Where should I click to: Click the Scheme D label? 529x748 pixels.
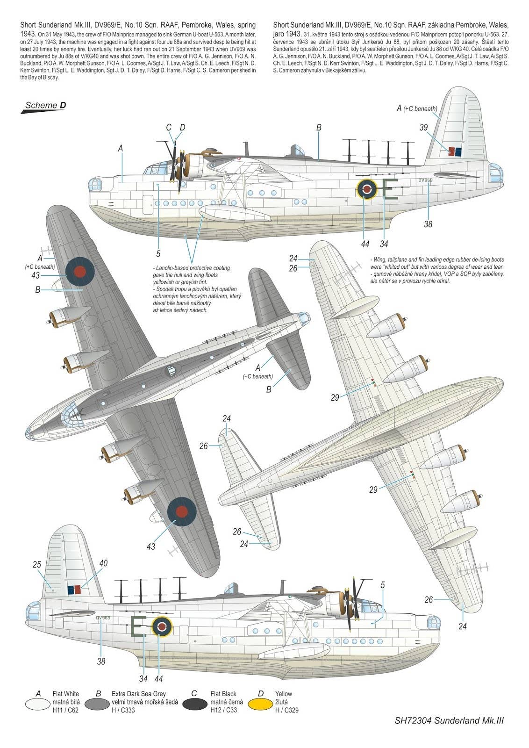click(x=45, y=105)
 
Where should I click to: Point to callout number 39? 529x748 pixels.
click(x=423, y=128)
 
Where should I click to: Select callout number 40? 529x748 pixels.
click(x=103, y=563)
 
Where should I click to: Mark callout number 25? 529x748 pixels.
click(x=37, y=565)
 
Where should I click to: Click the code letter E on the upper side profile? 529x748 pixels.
click(x=390, y=189)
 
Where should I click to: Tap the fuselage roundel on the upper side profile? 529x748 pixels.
click(x=367, y=189)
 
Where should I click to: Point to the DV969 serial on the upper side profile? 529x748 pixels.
click(x=425, y=180)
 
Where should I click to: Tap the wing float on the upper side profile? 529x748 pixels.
click(x=234, y=213)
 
